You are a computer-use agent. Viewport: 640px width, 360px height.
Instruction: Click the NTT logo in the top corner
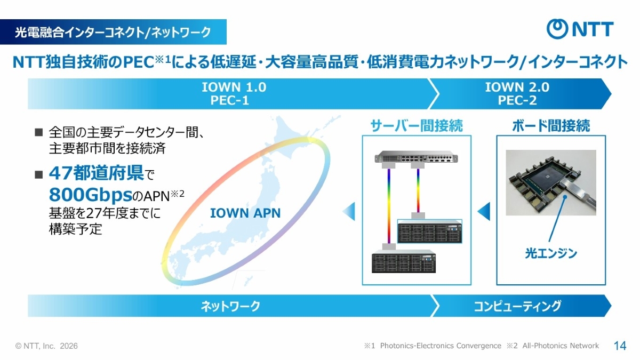[580, 29]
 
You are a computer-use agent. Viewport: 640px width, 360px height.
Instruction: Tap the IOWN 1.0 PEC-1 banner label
[234, 93]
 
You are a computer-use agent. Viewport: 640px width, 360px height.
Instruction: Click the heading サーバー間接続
[417, 126]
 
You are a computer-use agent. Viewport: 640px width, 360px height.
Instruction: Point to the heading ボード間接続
[551, 126]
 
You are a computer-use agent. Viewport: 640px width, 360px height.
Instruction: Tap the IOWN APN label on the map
[245, 213]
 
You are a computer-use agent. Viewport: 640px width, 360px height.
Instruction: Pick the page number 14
[620, 346]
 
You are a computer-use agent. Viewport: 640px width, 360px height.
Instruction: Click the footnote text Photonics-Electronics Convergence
[441, 346]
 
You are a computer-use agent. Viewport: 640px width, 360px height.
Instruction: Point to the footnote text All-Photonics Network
[561, 346]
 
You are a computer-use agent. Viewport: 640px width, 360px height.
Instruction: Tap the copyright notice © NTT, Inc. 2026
[47, 346]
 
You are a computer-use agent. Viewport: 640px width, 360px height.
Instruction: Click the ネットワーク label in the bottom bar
[230, 306]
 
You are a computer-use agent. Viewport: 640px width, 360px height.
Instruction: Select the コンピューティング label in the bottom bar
[517, 306]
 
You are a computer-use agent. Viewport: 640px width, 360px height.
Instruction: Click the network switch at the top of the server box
[416, 158]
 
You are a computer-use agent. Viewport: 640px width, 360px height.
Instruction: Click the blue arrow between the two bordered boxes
[483, 212]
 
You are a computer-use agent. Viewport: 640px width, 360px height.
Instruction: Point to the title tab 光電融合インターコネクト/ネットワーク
[113, 32]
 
